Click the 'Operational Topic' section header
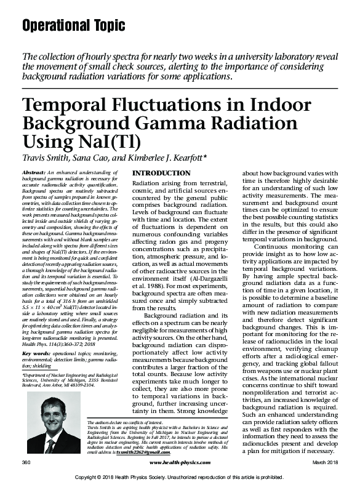[73, 25]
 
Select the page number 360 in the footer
[26, 460]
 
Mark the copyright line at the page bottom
[180, 476]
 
